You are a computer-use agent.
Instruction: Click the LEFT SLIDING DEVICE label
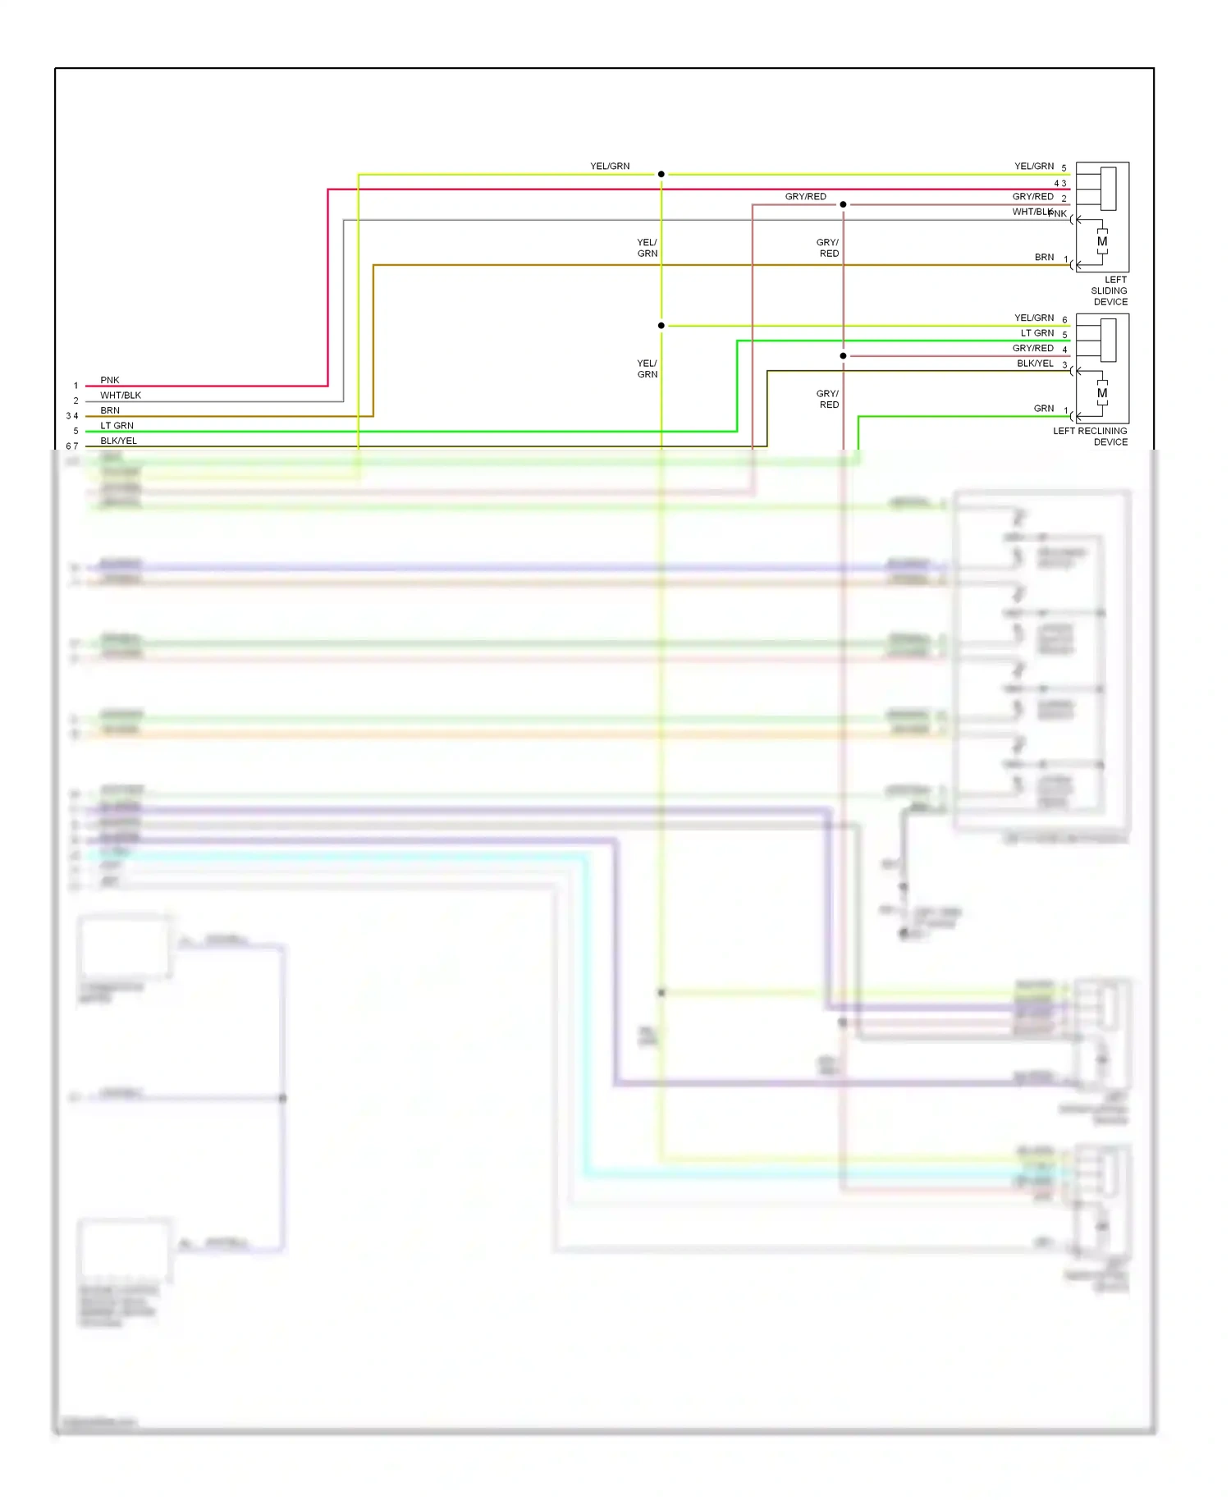[x=1109, y=290]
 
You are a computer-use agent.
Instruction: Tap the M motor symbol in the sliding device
[x=1102, y=241]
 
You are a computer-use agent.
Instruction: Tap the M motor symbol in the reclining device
[x=1102, y=393]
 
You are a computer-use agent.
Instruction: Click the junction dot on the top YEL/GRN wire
[x=661, y=174]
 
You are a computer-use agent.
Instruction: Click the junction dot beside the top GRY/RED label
[x=843, y=204]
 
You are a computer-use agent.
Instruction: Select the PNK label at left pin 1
[x=110, y=380]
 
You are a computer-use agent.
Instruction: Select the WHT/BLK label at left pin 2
[x=121, y=395]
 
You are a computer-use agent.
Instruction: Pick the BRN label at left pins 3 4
[x=110, y=410]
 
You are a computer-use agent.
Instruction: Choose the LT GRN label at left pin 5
[x=117, y=425]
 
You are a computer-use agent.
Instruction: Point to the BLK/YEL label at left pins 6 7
[x=118, y=441]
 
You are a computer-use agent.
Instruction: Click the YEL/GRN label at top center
[x=610, y=166]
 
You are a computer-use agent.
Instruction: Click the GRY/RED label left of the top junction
[x=805, y=196]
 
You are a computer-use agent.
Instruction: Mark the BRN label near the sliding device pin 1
[x=1044, y=257]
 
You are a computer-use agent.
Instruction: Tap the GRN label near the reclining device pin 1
[x=1044, y=408]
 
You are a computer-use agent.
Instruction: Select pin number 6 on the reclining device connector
[x=1064, y=320]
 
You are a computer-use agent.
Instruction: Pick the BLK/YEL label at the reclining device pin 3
[x=1035, y=363]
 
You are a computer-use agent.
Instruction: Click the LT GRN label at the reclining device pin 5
[x=1037, y=332]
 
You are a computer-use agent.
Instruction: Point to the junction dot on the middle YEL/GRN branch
[x=661, y=326]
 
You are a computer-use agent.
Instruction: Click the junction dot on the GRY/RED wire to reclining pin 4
[x=843, y=356]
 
